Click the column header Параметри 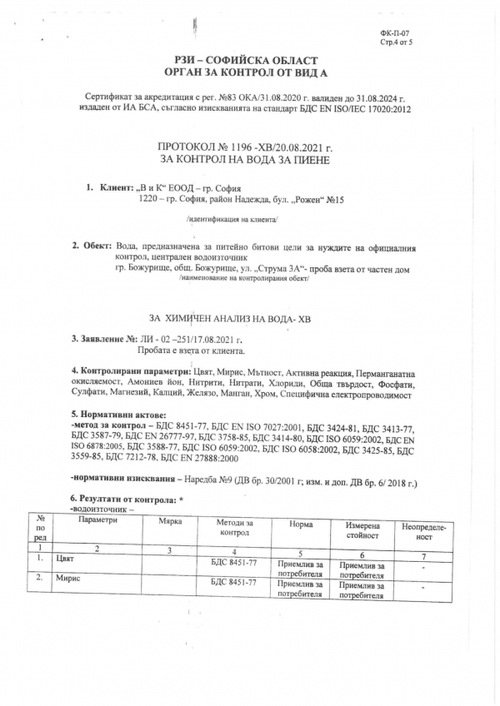click(97, 520)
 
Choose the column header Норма click(301, 525)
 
